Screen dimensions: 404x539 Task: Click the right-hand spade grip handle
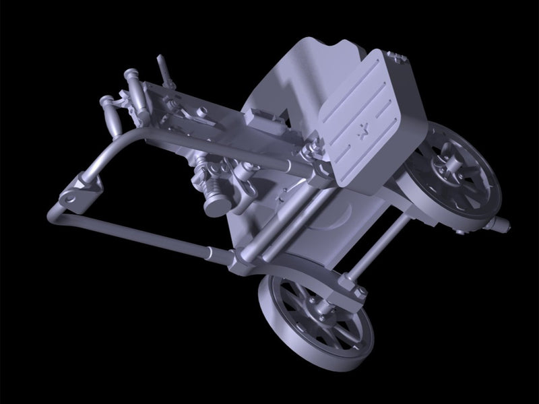point(135,88)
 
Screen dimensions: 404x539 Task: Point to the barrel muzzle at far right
point(502,224)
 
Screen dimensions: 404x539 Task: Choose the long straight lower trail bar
point(148,236)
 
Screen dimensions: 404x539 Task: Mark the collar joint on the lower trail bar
point(222,256)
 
